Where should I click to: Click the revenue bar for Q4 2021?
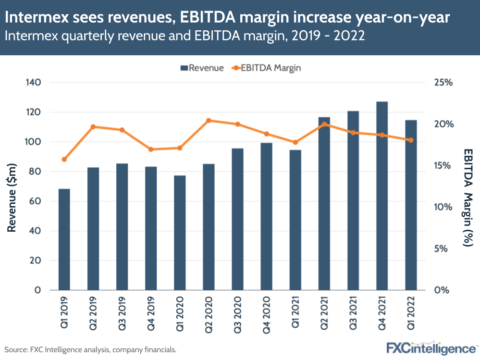pyautogui.click(x=382, y=196)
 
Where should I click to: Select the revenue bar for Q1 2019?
pyautogui.click(x=64, y=239)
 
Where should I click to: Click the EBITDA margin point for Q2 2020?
pyautogui.click(x=209, y=121)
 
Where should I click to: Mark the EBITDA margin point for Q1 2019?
pyautogui.click(x=64, y=159)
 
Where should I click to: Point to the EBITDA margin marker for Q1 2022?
pyautogui.click(x=411, y=140)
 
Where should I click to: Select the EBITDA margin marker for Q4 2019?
pyautogui.click(x=151, y=149)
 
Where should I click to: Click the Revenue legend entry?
pyautogui.click(x=201, y=68)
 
